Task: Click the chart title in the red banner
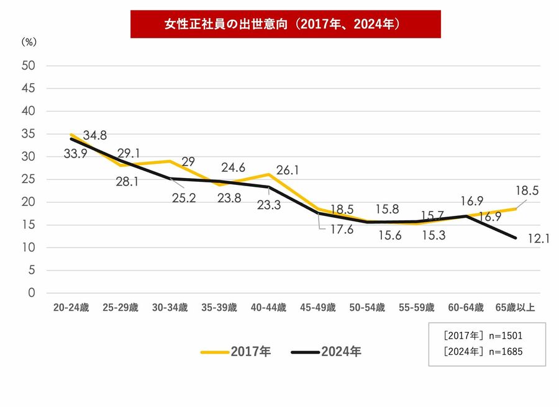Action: point(285,25)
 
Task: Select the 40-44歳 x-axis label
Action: point(268,308)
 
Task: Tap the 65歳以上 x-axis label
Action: point(515,308)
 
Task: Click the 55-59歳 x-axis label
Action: point(416,308)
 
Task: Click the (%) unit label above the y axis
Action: point(30,42)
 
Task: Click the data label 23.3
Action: point(268,205)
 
